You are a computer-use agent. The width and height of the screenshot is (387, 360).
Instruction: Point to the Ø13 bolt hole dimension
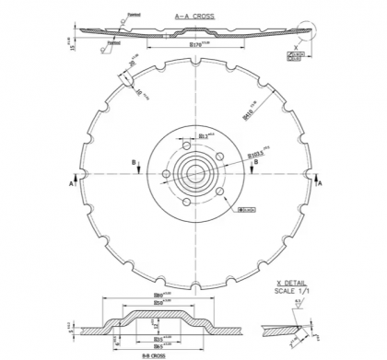pyautogui.click(x=205, y=136)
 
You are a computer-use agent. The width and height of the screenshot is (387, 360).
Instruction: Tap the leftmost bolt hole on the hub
pyautogui.click(x=166, y=173)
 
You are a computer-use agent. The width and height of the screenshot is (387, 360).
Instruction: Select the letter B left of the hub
pyautogui.click(x=137, y=163)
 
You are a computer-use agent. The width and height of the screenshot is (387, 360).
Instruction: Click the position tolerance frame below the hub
pyautogui.click(x=247, y=210)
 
